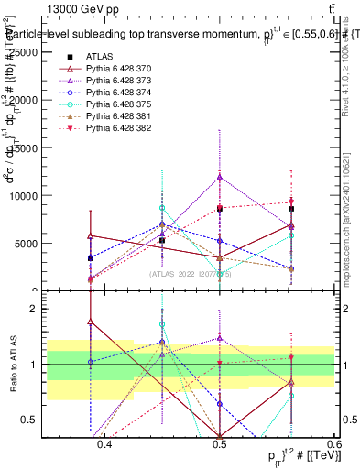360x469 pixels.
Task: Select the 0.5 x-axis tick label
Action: (219, 445)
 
